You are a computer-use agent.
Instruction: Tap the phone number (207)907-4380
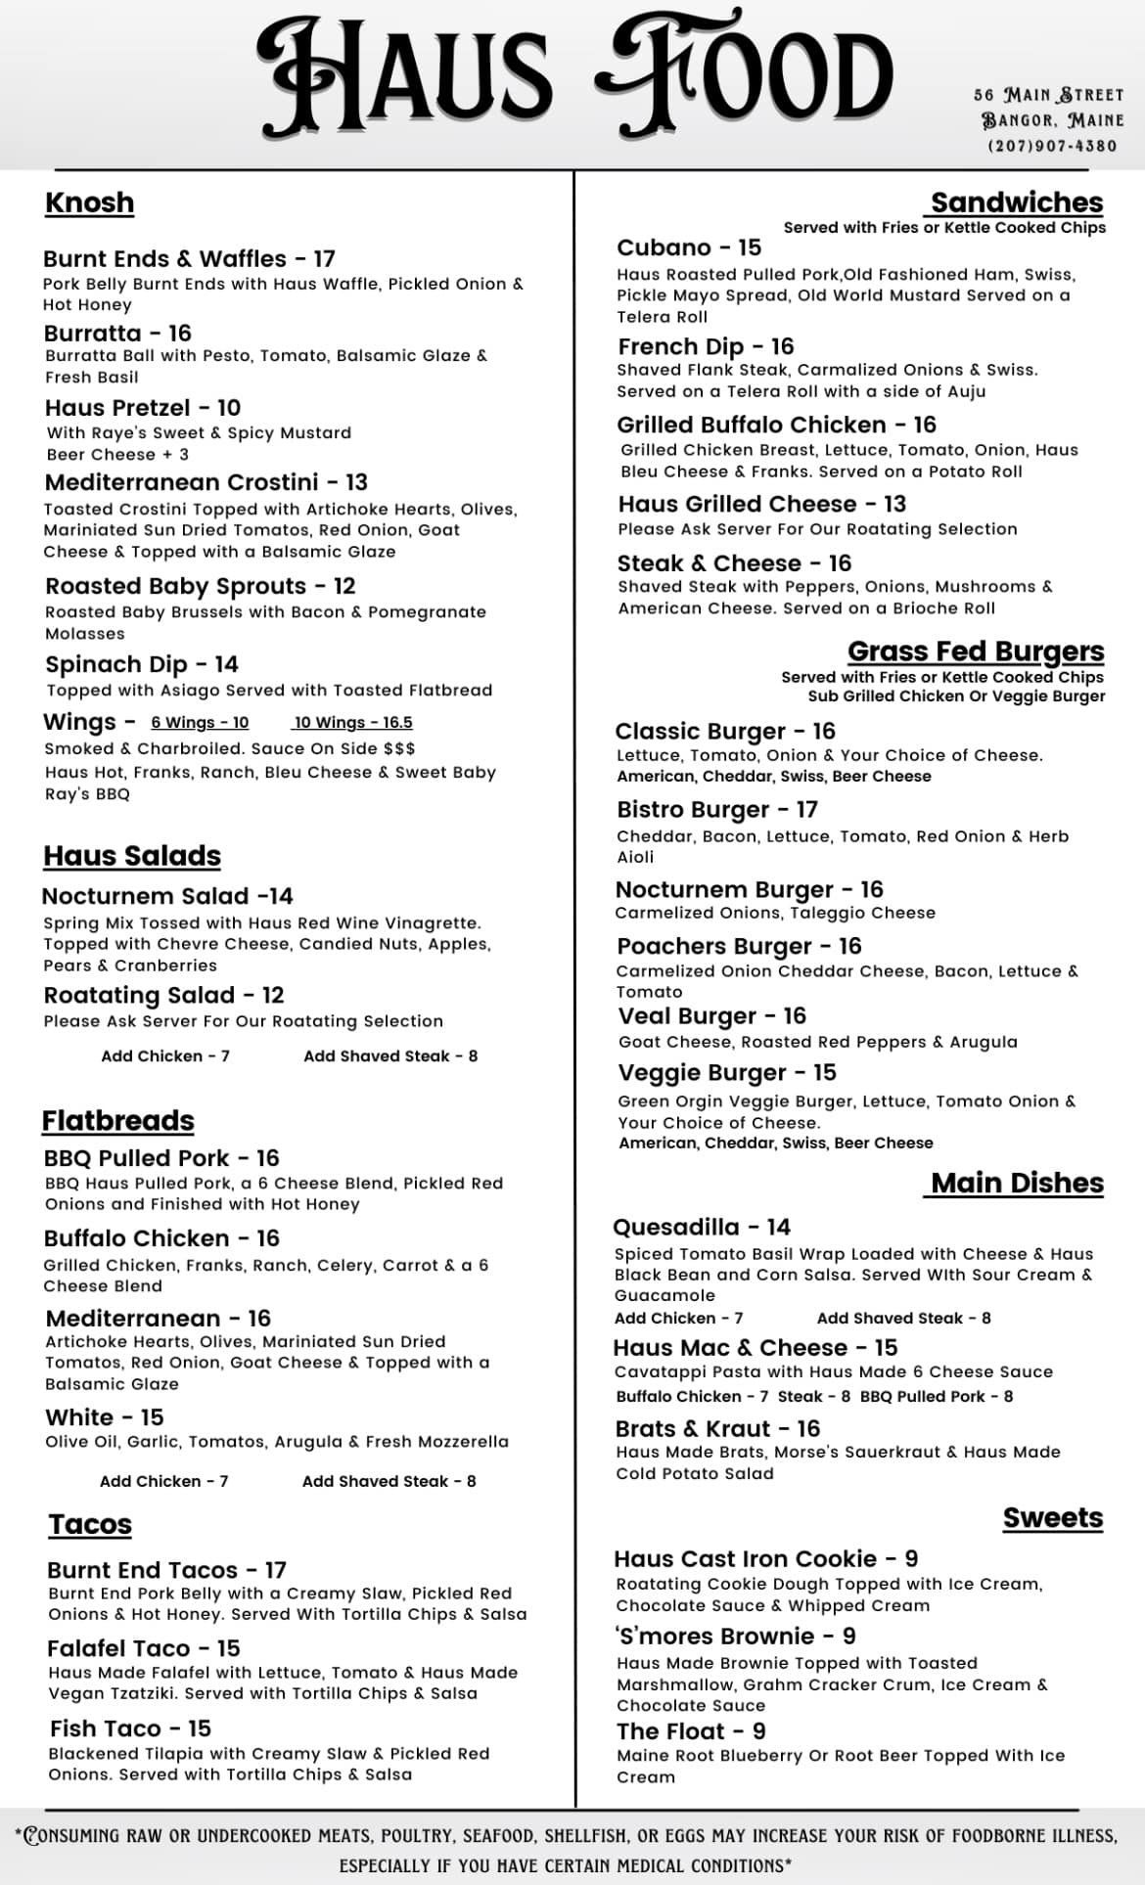[x=1052, y=146]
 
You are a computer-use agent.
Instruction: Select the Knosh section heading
[x=89, y=202]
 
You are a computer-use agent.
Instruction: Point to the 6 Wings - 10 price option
[x=200, y=723]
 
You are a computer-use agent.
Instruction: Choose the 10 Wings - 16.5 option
[x=353, y=723]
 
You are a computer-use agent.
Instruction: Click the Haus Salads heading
[x=132, y=856]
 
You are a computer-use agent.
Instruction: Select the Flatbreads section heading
[x=117, y=1121]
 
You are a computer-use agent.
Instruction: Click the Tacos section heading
[x=90, y=1524]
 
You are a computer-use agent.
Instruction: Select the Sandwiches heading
[x=1017, y=202]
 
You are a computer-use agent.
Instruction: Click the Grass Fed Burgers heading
[x=976, y=651]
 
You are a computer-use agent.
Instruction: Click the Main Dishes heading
[x=1017, y=1183]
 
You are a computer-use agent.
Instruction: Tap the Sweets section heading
[x=1052, y=1518]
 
